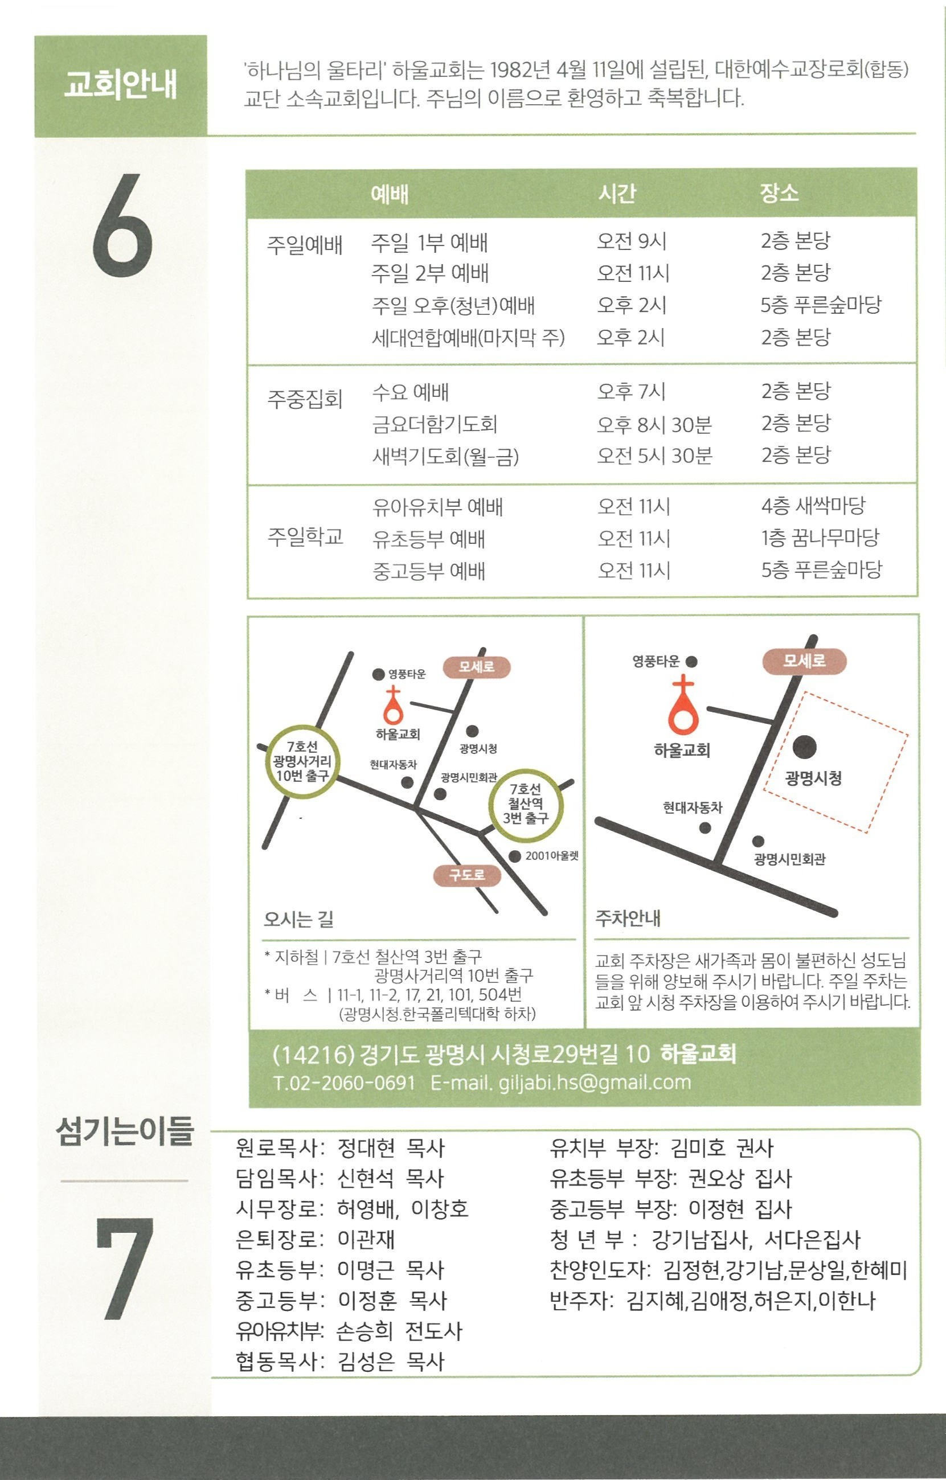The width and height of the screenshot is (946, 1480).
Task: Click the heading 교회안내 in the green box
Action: [x=121, y=85]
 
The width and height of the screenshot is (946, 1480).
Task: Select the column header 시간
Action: [x=617, y=194]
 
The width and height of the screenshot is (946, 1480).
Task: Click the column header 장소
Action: [x=779, y=193]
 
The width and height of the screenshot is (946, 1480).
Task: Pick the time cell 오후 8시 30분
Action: [x=654, y=424]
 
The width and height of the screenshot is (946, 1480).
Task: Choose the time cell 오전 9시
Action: [x=632, y=241]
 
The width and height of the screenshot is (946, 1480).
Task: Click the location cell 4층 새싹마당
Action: [x=813, y=506]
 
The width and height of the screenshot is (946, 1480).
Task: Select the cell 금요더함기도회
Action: [x=435, y=424]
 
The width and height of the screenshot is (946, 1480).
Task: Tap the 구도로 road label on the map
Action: [x=467, y=875]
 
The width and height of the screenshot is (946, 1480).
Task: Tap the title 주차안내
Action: [x=628, y=919]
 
